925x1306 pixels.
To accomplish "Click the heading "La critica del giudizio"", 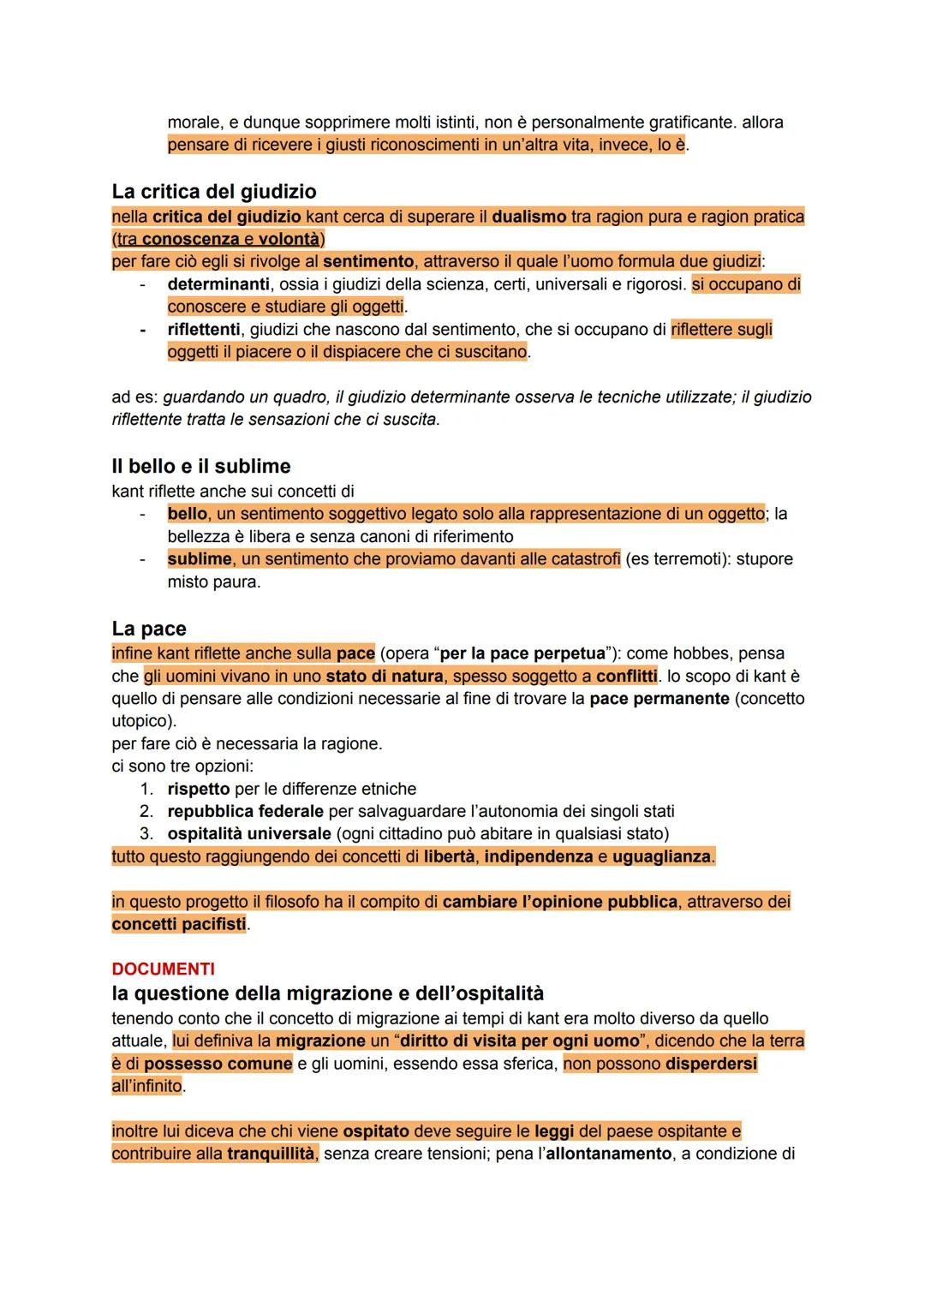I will pyautogui.click(x=214, y=191).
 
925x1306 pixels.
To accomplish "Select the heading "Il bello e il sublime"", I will pyautogui.click(x=201, y=467).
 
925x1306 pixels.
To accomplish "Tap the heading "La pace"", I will pyautogui.click(x=149, y=629).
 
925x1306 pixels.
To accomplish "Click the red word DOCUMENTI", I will pyautogui.click(x=163, y=969).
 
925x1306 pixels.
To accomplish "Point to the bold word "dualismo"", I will pyautogui.click(x=529, y=217).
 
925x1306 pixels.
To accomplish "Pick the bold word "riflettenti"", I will pyautogui.click(x=204, y=329).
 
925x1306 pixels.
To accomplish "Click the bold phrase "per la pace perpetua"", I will pyautogui.click(x=522, y=653).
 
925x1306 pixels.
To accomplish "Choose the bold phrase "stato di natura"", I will pyautogui.click(x=385, y=676).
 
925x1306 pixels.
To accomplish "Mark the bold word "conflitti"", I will pyautogui.click(x=627, y=676).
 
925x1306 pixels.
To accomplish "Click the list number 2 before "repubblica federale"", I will pyautogui.click(x=146, y=811).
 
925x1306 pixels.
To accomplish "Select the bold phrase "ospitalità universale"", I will pyautogui.click(x=249, y=833).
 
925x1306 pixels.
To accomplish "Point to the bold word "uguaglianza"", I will pyautogui.click(x=662, y=856).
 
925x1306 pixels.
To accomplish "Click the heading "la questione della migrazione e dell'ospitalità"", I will pyautogui.click(x=327, y=993).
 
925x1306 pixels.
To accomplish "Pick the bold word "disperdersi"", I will pyautogui.click(x=710, y=1064).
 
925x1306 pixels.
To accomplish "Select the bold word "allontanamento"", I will pyautogui.click(x=608, y=1154).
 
